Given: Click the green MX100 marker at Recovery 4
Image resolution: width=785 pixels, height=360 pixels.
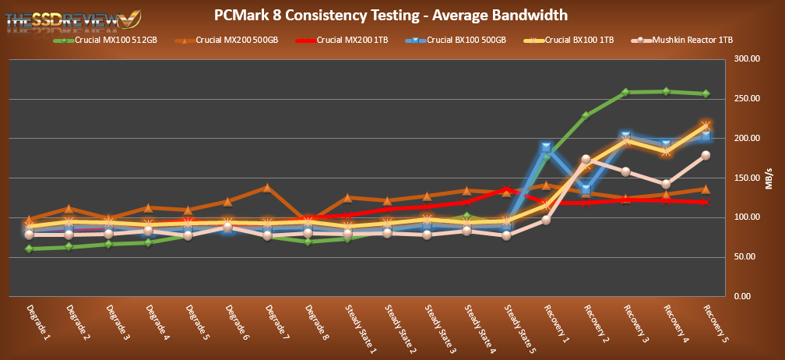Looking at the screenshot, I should click(x=665, y=91).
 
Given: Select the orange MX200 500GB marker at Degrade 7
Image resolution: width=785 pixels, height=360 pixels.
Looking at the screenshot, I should click(x=267, y=187).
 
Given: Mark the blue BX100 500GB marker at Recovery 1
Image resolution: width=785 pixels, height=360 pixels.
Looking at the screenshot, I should click(x=547, y=147).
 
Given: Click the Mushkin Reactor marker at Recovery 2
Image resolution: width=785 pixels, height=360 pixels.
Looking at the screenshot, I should click(x=586, y=159).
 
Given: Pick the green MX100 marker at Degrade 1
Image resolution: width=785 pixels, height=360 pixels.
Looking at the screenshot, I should click(x=30, y=249).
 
